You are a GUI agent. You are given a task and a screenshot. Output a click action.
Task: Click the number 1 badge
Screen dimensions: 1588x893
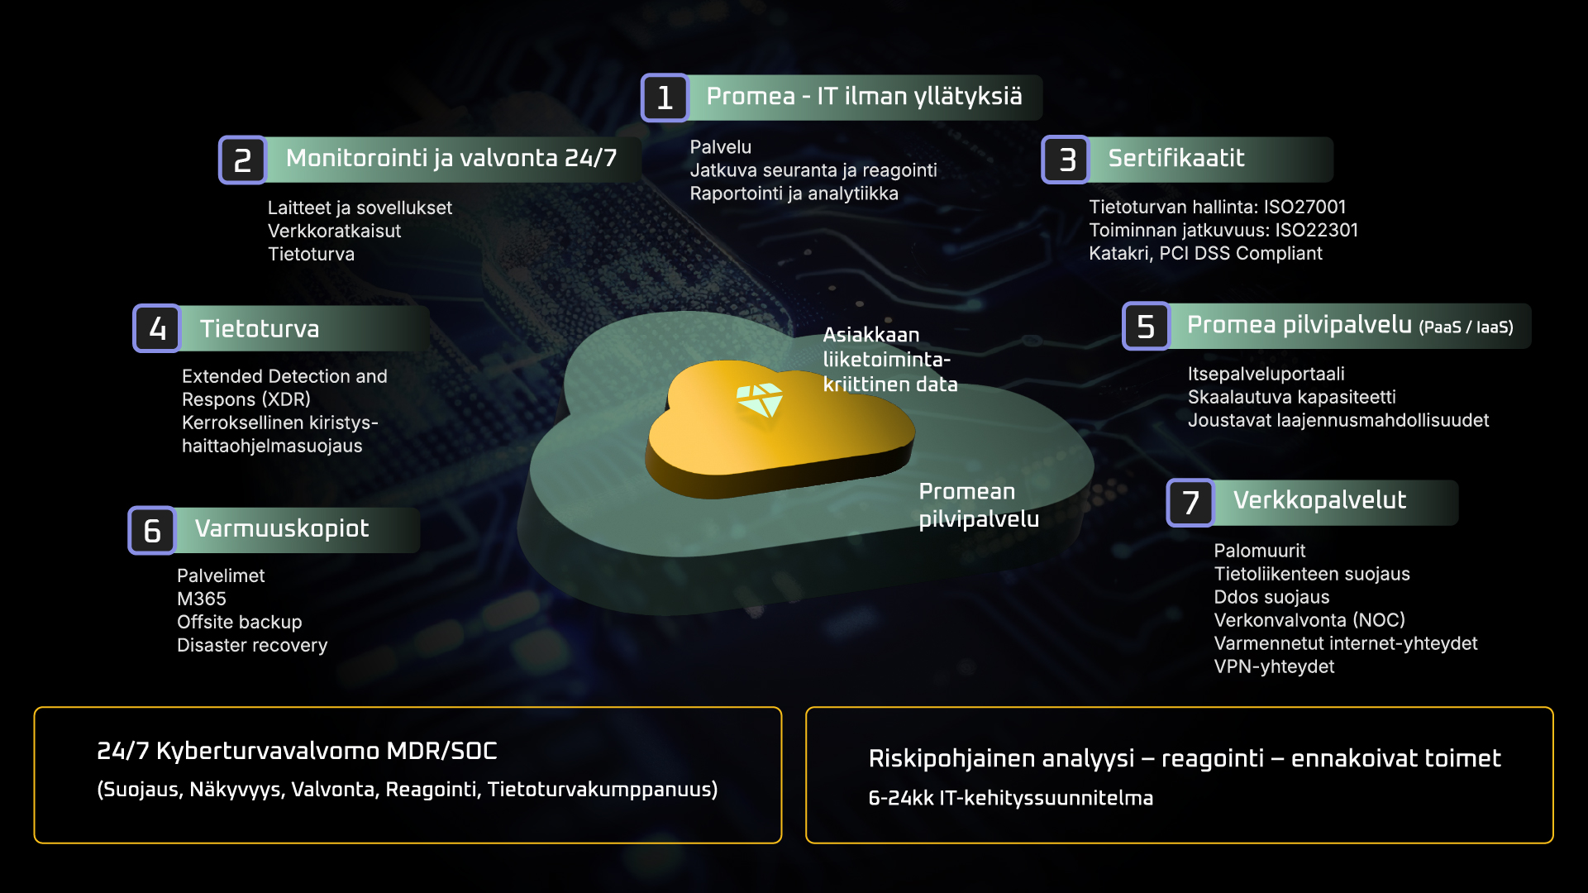tap(665, 98)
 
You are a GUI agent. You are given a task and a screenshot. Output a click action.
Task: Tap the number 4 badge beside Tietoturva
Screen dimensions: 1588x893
tap(157, 328)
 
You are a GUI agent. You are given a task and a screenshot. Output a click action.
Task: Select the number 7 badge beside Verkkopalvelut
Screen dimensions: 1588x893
tap(1190, 502)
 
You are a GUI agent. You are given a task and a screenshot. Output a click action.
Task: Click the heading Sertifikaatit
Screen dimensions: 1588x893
tap(1176, 158)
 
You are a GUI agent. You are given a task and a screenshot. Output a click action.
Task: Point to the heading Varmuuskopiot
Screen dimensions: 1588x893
tap(282, 529)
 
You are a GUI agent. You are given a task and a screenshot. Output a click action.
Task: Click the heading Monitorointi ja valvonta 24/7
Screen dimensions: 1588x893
tap(451, 158)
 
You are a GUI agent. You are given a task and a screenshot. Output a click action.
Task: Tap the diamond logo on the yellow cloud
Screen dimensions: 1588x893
tap(760, 399)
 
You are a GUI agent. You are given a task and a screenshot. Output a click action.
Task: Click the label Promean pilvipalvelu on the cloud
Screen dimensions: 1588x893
tap(979, 504)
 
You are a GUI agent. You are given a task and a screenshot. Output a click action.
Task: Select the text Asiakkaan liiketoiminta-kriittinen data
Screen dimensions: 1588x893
tap(890, 360)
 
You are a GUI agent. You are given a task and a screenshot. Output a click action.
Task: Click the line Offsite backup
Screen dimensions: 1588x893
tap(240, 622)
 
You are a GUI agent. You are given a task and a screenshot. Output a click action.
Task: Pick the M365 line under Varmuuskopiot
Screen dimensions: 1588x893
tap(202, 599)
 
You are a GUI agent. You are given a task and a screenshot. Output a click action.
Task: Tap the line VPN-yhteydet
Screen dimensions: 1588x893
tap(1274, 666)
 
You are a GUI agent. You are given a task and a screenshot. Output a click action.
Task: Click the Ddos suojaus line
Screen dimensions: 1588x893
tap(1271, 597)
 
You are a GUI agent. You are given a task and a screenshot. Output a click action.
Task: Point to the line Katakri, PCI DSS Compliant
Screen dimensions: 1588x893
tap(1205, 253)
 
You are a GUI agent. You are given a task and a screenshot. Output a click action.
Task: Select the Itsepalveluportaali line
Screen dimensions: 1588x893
tap(1266, 374)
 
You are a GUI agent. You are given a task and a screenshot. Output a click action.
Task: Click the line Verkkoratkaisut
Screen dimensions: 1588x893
tap(334, 231)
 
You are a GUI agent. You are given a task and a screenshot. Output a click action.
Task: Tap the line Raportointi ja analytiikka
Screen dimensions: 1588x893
tap(794, 193)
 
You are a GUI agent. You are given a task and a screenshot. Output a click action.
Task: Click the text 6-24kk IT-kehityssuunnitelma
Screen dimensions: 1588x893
tap(1010, 798)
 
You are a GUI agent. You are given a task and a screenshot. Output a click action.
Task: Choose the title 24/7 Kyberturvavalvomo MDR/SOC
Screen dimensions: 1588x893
tap(297, 751)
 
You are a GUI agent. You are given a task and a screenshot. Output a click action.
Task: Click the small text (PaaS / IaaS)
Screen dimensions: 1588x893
tap(1466, 327)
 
